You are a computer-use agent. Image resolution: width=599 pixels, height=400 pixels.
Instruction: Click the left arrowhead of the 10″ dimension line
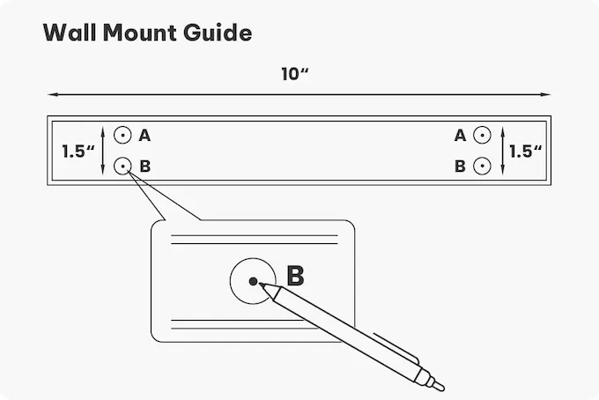pyautogui.click(x=51, y=93)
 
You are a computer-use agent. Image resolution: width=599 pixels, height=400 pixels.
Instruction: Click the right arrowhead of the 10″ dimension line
pyautogui.click(x=548, y=93)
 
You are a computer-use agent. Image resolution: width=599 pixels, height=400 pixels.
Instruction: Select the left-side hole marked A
pyautogui.click(x=123, y=136)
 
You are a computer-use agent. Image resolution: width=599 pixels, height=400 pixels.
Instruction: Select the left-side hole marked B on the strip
pyautogui.click(x=123, y=165)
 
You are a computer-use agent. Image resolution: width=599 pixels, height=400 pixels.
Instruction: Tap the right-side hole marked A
pyautogui.click(x=481, y=136)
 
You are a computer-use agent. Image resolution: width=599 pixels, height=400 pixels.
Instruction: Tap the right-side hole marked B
pyautogui.click(x=481, y=165)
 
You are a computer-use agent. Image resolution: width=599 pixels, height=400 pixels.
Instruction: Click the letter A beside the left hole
pyautogui.click(x=144, y=136)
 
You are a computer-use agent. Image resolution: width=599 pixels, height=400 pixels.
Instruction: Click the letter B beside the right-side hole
pyautogui.click(x=460, y=166)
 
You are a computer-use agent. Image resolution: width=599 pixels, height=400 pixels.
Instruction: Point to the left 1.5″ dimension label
pyautogui.click(x=78, y=151)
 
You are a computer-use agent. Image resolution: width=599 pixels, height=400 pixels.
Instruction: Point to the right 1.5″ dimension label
pyautogui.click(x=525, y=151)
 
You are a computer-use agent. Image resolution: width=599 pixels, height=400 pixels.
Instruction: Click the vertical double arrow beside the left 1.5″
pyautogui.click(x=104, y=150)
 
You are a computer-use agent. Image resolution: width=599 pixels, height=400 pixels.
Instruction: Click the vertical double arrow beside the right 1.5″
pyautogui.click(x=501, y=150)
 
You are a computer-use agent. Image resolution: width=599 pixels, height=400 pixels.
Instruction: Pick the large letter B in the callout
pyautogui.click(x=295, y=276)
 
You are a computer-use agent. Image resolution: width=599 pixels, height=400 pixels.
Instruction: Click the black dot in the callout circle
pyautogui.click(x=253, y=282)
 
